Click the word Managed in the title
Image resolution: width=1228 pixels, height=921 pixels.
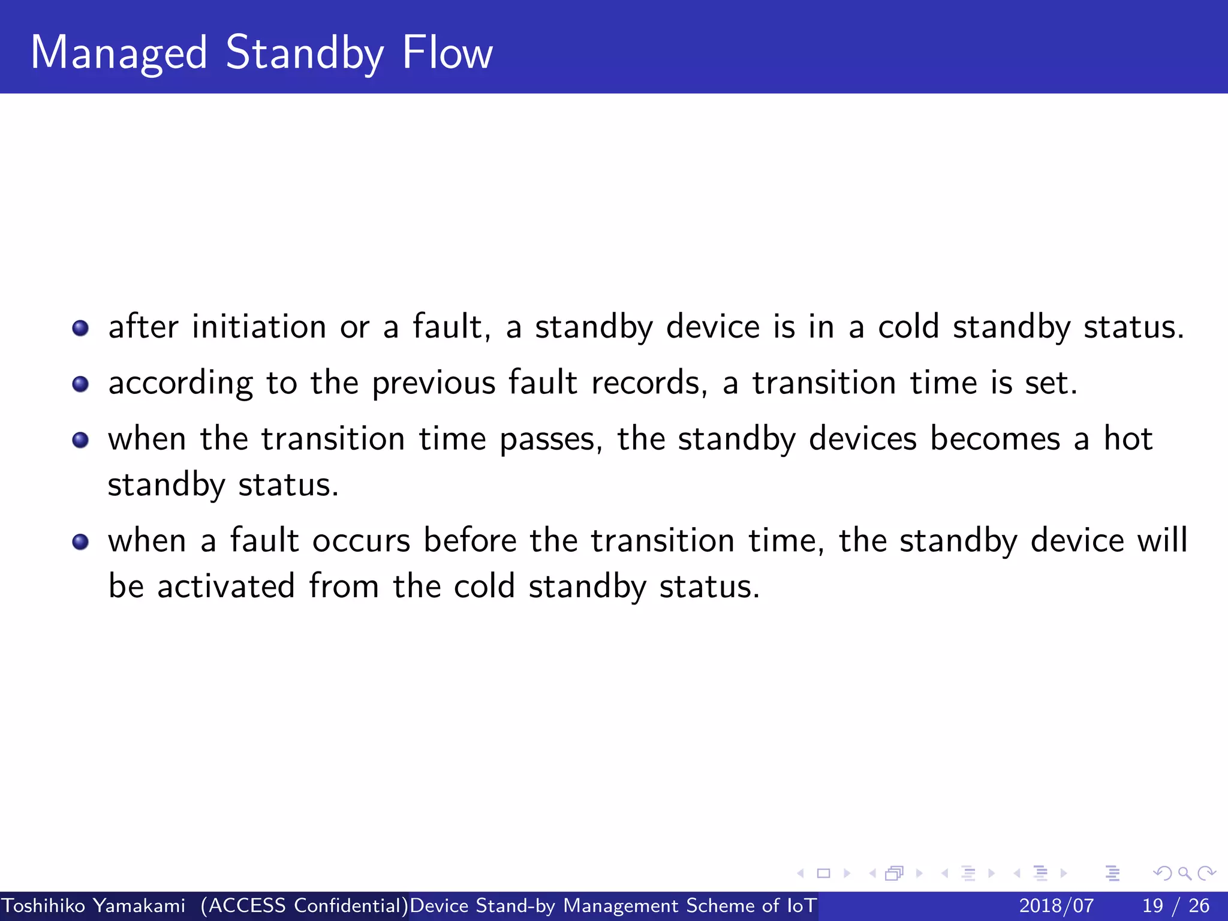pos(119,54)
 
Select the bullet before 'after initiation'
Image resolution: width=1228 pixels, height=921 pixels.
pos(80,328)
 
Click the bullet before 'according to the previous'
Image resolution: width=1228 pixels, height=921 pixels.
pos(80,384)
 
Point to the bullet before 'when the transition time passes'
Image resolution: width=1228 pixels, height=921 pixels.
pos(80,440)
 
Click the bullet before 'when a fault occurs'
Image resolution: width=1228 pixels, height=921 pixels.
pos(80,542)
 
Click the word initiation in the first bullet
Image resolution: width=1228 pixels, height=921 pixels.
pos(259,327)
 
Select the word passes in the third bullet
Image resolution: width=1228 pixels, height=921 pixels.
pos(547,440)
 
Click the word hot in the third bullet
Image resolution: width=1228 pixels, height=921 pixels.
pos(1128,439)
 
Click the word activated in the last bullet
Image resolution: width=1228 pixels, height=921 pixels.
pos(226,586)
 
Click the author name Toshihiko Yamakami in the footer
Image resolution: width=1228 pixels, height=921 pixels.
pos(94,905)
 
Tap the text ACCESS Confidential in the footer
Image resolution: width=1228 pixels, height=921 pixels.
pos(305,905)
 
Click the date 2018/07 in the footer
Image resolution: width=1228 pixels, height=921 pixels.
pos(1056,905)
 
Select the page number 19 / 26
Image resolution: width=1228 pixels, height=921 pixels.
pos(1176,905)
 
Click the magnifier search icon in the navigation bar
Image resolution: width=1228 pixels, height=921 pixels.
pos(1185,873)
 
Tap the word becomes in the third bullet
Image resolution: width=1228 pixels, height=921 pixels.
pos(995,439)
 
